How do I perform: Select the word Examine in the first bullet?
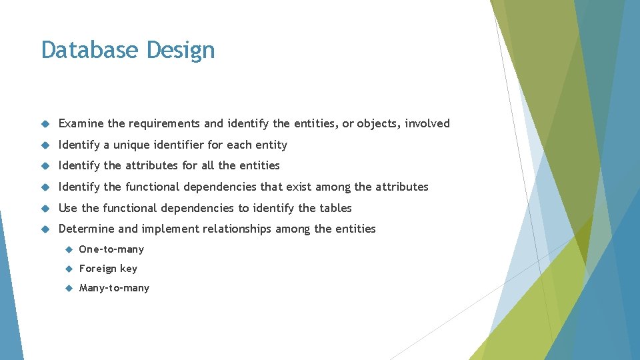click(81, 123)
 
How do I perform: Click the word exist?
click(299, 187)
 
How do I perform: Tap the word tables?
click(335, 208)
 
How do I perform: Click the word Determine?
click(87, 229)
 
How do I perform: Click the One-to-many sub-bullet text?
click(111, 249)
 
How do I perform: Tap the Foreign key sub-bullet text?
click(108, 269)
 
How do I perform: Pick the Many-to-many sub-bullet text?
click(114, 288)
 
